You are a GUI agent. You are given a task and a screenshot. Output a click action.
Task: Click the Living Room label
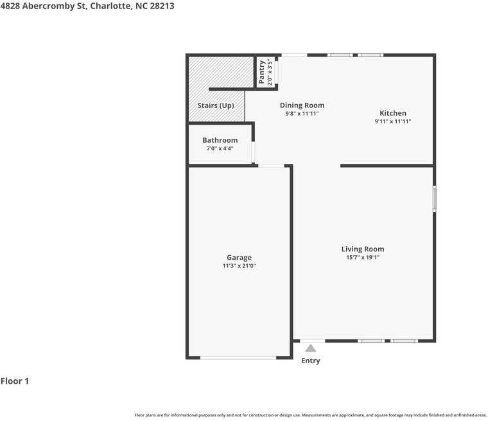(x=363, y=249)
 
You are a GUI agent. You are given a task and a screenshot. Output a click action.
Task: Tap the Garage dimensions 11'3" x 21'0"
(x=239, y=266)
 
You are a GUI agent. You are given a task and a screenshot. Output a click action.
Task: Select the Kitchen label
(x=392, y=113)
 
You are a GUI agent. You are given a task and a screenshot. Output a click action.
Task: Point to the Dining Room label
(x=302, y=105)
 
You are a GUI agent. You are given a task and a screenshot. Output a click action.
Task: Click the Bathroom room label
(x=220, y=140)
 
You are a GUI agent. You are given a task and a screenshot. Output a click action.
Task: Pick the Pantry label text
(x=262, y=71)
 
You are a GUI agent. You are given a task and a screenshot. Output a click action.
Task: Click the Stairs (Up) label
(x=215, y=105)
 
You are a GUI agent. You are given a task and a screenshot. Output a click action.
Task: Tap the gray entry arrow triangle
(x=311, y=348)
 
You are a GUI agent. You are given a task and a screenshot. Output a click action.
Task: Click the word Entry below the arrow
(x=311, y=361)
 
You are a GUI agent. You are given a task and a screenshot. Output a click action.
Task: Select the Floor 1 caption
(x=15, y=381)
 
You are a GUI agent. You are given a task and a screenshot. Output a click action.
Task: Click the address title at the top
(x=87, y=6)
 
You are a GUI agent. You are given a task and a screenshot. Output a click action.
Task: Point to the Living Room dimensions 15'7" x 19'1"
(x=363, y=258)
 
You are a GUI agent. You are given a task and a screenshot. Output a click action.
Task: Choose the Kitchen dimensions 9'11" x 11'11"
(x=392, y=121)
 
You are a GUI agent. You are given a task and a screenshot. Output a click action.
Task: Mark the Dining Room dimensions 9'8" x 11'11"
(x=302, y=114)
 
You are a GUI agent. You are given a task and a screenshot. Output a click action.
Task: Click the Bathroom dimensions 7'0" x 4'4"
(x=220, y=148)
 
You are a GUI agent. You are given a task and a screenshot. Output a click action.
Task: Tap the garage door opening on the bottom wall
(x=238, y=357)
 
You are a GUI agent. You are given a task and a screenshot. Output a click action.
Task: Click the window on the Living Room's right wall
(x=434, y=199)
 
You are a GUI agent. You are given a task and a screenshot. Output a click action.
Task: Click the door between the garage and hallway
(x=271, y=166)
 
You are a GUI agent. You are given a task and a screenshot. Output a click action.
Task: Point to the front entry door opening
(x=313, y=341)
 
